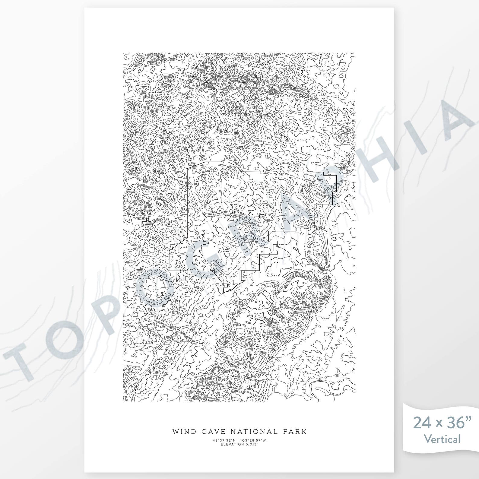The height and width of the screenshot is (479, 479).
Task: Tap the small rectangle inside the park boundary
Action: point(262,216)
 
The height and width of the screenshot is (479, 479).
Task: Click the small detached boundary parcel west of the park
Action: point(147,222)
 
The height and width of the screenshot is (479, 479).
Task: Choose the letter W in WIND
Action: point(176,431)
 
